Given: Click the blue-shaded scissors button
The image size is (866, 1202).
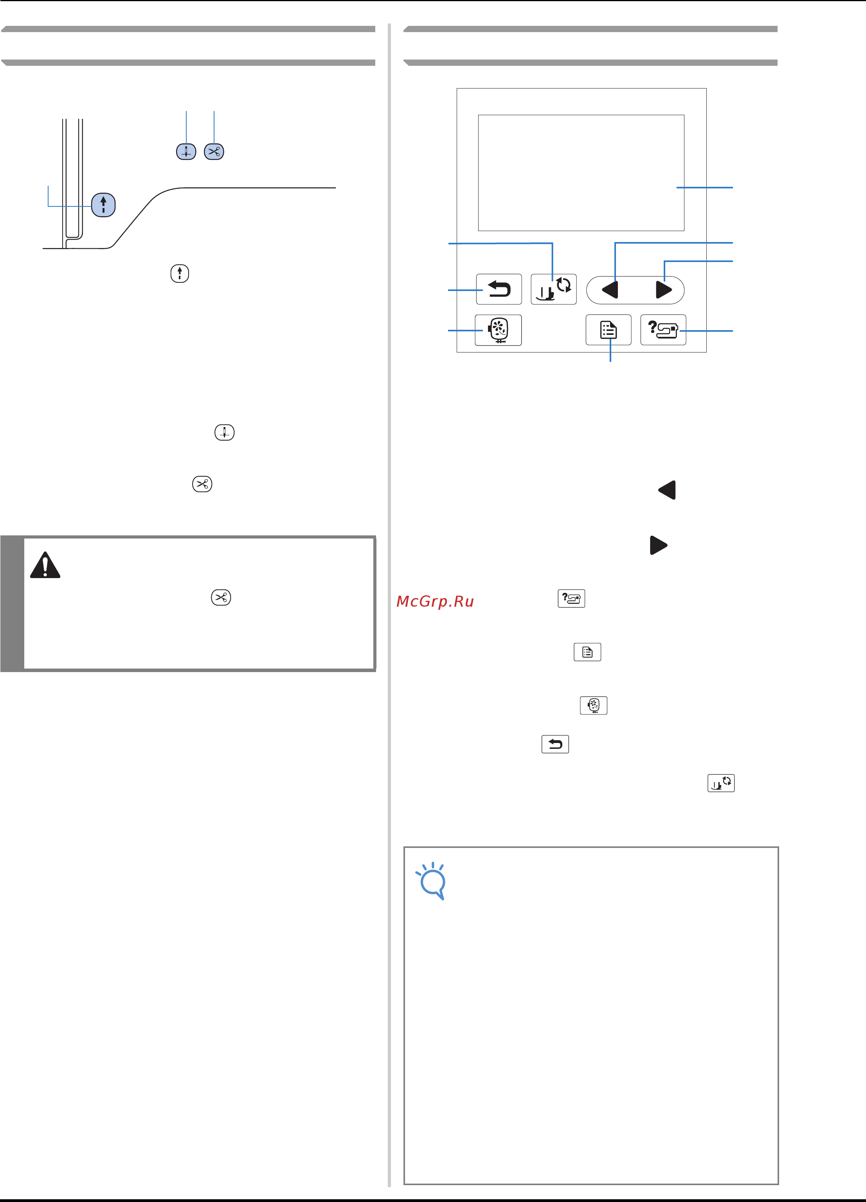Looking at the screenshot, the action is pos(214,152).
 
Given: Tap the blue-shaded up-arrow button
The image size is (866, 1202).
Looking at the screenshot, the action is pos(103,204).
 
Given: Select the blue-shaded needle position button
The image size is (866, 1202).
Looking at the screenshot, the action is pos(186,152).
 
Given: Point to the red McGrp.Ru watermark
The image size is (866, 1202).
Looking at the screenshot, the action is pos(435,602).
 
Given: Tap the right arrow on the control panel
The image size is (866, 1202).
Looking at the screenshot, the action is pos(664,290).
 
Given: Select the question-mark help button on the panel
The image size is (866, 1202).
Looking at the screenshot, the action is pos(663,330).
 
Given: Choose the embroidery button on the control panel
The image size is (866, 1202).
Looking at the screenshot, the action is pos(498,330).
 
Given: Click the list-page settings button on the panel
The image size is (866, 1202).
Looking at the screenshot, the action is pos(609,330).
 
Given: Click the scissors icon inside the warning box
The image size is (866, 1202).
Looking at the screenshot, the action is pos(221,597).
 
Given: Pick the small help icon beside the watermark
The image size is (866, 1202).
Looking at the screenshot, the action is pos(571,598).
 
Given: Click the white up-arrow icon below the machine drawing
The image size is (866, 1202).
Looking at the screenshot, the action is pos(180,273).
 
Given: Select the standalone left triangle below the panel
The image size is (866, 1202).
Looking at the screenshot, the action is pos(667,490).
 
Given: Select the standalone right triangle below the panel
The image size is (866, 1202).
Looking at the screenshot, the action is pos(658,545).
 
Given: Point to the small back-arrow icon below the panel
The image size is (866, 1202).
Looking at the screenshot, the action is pos(555,744).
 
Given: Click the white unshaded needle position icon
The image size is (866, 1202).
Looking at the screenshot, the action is pos(225,432).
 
